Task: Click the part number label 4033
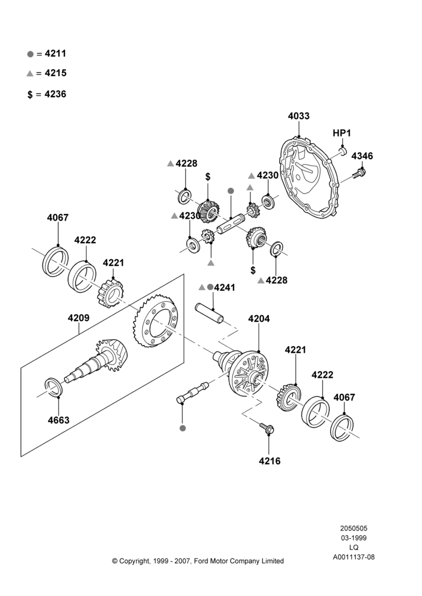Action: [x=299, y=116]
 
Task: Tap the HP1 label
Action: [x=342, y=133]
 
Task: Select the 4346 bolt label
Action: [x=362, y=156]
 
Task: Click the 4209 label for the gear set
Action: [x=79, y=318]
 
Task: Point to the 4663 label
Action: [x=58, y=420]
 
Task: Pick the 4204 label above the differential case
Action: [x=259, y=318]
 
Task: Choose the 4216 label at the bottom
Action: [x=269, y=461]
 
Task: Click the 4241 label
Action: [x=224, y=288]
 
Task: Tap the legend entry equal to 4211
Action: [x=46, y=54]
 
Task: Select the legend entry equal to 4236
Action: [x=46, y=94]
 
